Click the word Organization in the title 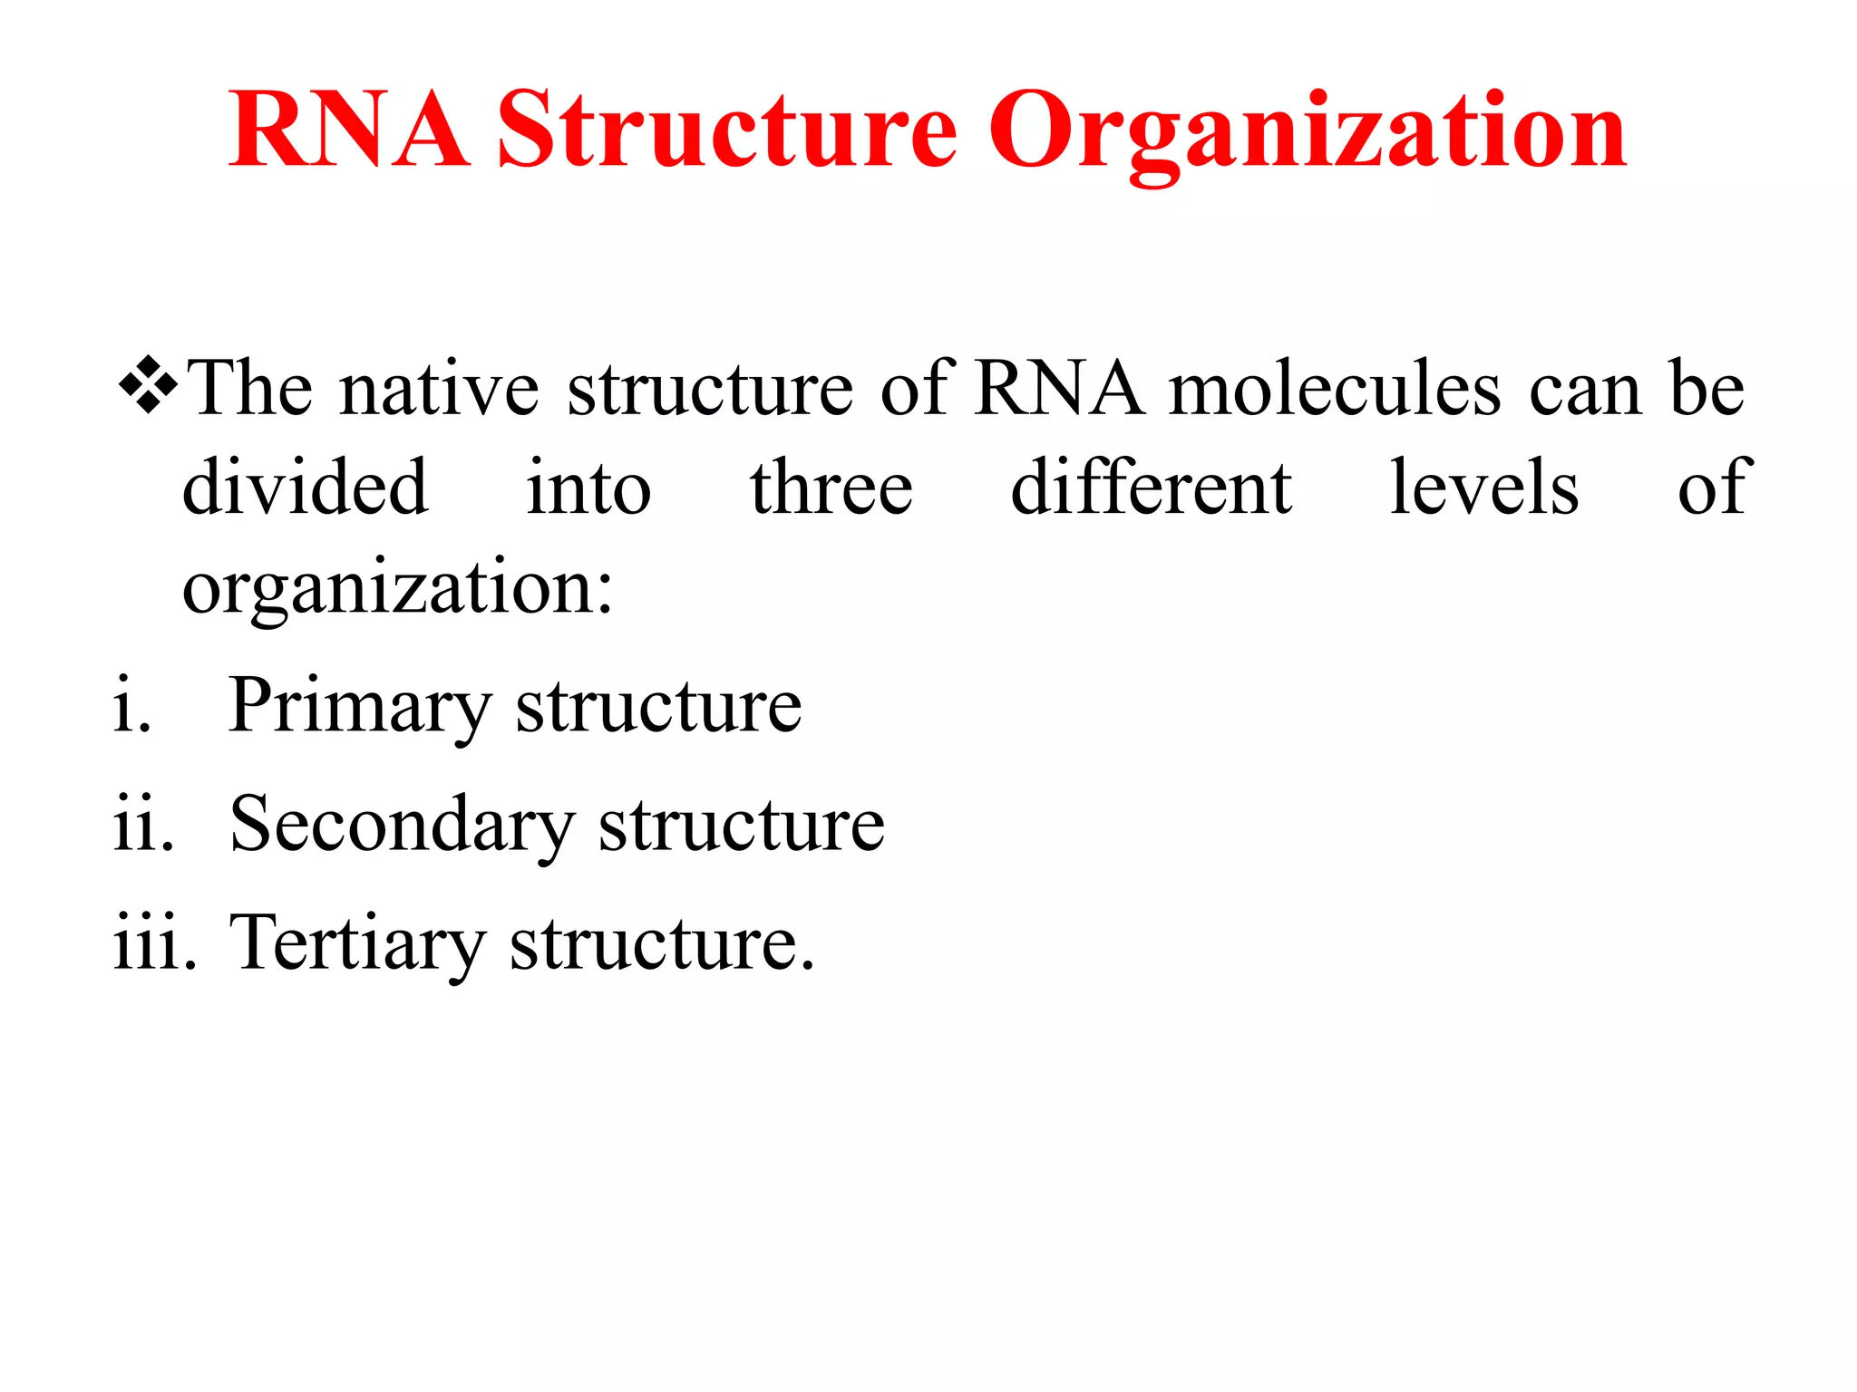click(x=1308, y=132)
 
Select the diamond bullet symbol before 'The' click(x=148, y=386)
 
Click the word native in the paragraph click(x=440, y=389)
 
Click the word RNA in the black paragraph click(x=1058, y=389)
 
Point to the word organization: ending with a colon click(x=398, y=590)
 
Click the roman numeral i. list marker click(x=132, y=706)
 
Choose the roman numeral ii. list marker click(x=143, y=825)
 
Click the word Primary click(x=359, y=708)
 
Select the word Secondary click(x=402, y=825)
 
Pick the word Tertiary click(x=357, y=944)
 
